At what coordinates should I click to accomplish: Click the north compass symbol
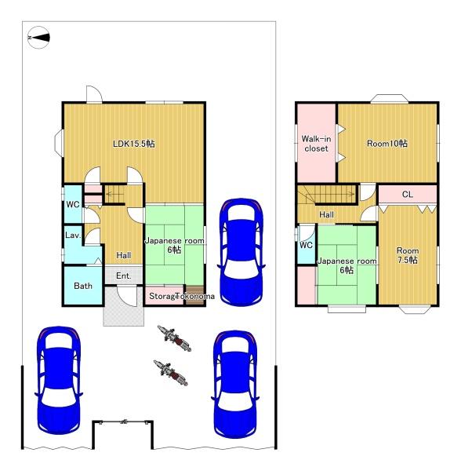click(38, 37)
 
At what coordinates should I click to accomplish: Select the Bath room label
click(83, 286)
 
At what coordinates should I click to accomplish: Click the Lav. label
click(73, 235)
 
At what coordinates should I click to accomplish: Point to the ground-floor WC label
click(73, 205)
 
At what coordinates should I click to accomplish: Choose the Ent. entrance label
click(124, 276)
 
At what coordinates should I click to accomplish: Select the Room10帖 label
click(389, 144)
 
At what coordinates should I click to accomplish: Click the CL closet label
click(407, 194)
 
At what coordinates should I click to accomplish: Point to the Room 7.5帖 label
click(407, 255)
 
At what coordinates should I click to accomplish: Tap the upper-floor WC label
click(306, 245)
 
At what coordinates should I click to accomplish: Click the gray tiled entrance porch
click(124, 306)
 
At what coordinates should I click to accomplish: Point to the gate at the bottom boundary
click(122, 422)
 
